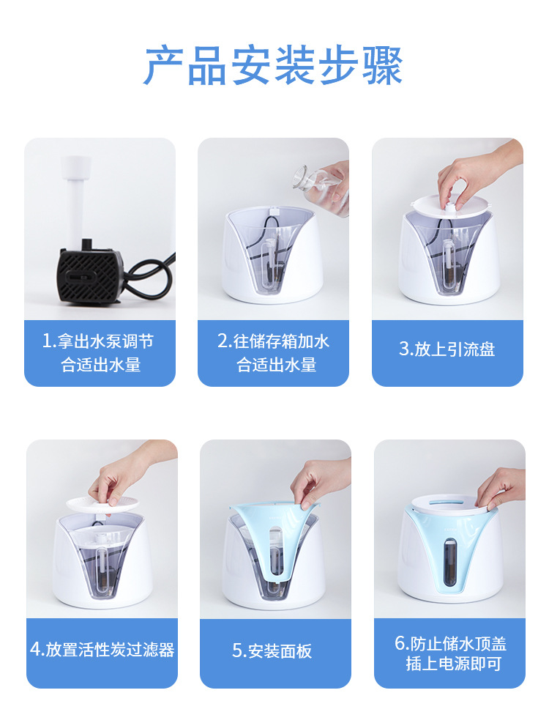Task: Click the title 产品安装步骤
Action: coord(273,67)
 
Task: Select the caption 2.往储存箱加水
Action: coord(273,341)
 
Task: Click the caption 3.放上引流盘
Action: coord(447,349)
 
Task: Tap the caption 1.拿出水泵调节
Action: coord(98,341)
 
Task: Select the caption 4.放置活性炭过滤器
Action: coord(102,649)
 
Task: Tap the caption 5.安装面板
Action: coord(272,650)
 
